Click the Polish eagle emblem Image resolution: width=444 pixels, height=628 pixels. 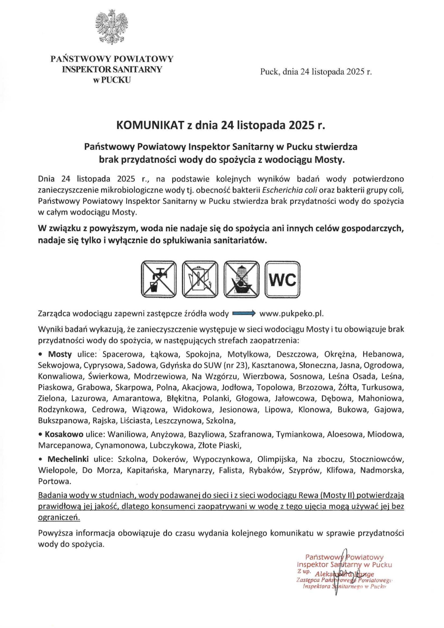[x=112, y=28]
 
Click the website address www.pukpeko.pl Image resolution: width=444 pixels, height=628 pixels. [x=292, y=314]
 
